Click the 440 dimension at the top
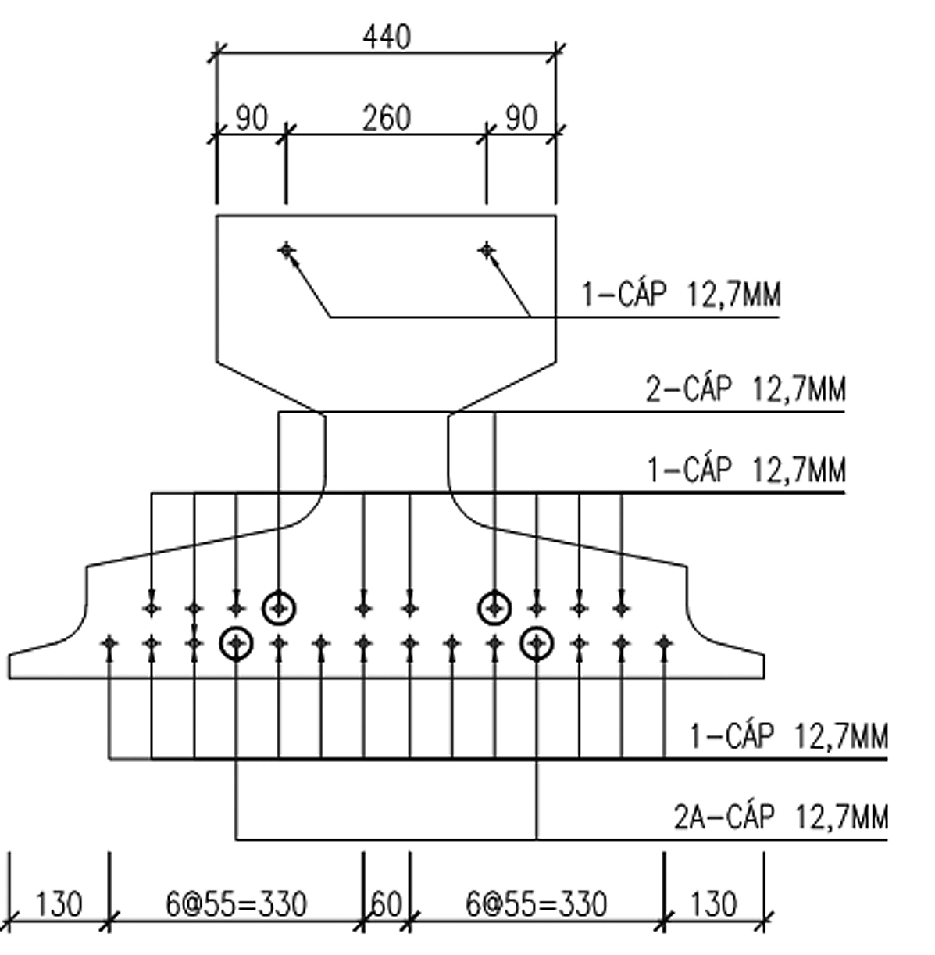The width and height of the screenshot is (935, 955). (386, 37)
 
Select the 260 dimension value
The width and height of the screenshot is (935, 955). (386, 118)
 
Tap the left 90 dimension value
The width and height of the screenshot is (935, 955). (252, 118)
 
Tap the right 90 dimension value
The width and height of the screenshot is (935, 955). (521, 118)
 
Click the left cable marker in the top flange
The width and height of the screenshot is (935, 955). (287, 250)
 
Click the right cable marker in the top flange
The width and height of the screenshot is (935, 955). (487, 250)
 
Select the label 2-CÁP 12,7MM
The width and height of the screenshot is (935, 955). (745, 389)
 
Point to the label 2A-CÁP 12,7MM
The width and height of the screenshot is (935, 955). (780, 817)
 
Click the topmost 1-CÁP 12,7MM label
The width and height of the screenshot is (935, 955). (680, 295)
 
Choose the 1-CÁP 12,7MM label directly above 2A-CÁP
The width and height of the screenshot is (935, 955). (788, 736)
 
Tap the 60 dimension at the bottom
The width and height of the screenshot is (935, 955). (386, 904)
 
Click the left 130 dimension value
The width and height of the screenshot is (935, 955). (59, 904)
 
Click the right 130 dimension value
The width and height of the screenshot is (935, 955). (713, 904)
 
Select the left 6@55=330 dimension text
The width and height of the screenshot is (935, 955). (236, 904)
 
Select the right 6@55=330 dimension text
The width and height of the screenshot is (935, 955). (536, 904)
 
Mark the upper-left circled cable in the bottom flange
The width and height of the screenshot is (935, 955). (279, 607)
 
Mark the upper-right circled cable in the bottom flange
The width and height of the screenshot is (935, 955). (494, 607)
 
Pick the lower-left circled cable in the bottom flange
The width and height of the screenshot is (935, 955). (236, 643)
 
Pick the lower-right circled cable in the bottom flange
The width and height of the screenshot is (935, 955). (537, 643)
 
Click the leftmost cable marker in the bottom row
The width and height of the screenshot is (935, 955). (109, 642)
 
